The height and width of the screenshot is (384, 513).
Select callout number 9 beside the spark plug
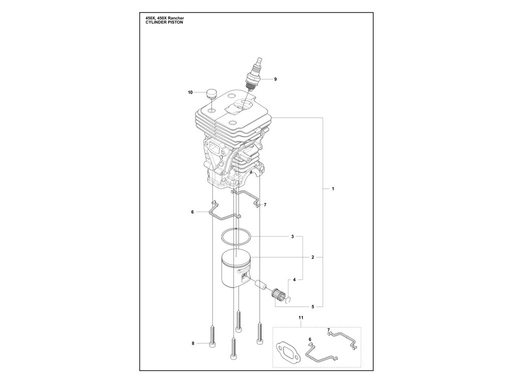tap(275, 79)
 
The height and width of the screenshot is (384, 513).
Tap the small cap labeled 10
tap(211, 93)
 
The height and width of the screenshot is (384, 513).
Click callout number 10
tap(190, 92)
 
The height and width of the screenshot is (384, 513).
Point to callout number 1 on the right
tap(333, 189)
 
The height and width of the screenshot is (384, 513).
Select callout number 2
tap(312, 257)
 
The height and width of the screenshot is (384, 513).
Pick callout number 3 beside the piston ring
tap(293, 235)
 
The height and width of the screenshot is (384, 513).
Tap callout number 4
tap(295, 279)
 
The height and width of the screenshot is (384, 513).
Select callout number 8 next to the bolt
tap(193, 343)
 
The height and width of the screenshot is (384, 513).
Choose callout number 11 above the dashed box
tap(301, 318)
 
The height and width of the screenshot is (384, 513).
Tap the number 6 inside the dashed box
tap(310, 339)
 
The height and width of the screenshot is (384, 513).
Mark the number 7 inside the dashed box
tap(328, 330)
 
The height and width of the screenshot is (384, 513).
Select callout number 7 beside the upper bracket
tap(265, 204)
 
